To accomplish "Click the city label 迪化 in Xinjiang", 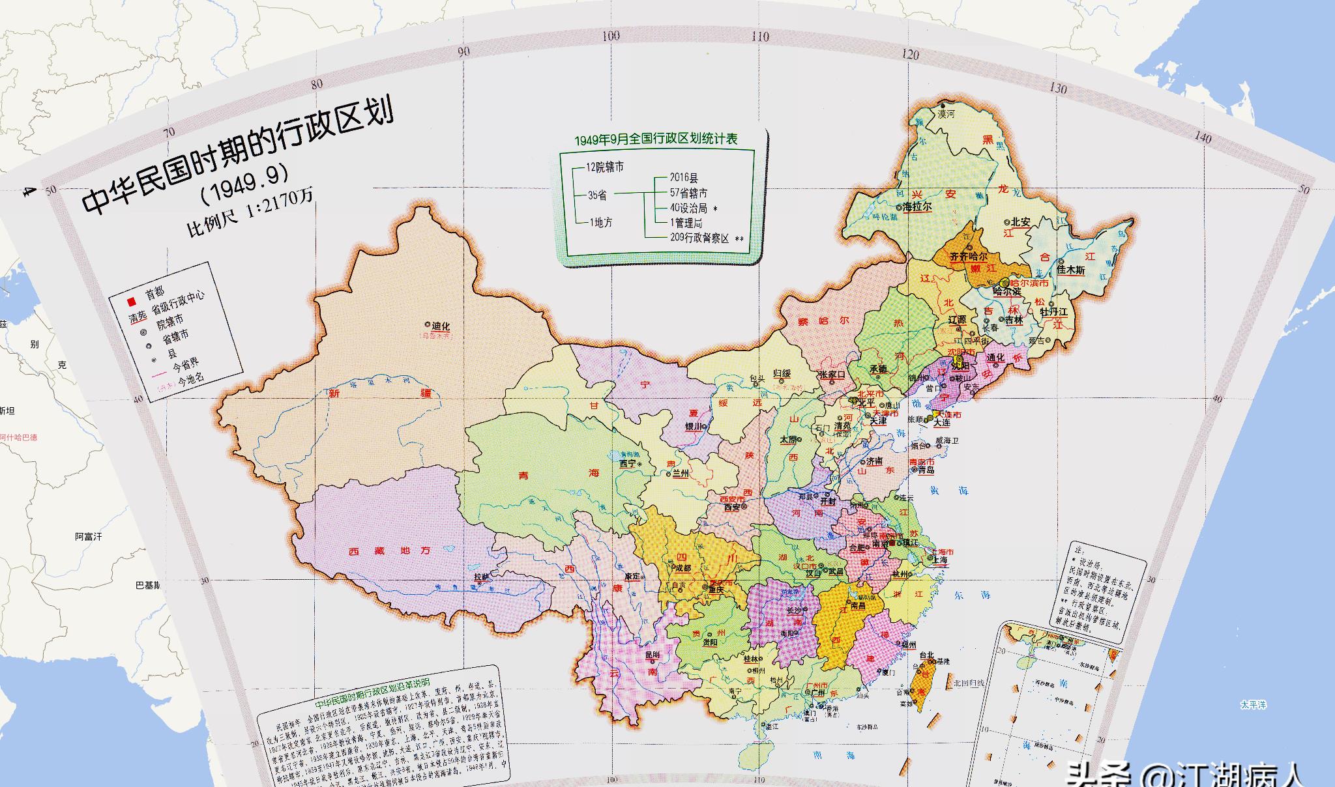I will [441, 326].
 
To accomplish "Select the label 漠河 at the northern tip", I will [946, 114].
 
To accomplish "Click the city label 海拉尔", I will [917, 207].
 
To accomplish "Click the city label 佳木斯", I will [1070, 269].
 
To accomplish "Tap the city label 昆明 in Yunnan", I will [653, 654].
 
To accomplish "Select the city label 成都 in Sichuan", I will [682, 568].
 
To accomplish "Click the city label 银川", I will [693, 427].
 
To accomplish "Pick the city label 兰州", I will [681, 474].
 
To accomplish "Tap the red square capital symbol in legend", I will [131, 301].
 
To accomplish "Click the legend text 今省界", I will [186, 365].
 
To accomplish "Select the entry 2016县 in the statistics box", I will [684, 177].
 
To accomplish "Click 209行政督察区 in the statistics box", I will [699, 238].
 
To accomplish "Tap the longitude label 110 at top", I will [760, 37].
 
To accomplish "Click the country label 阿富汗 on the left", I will [88, 537].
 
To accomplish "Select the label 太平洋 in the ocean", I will [1253, 705].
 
